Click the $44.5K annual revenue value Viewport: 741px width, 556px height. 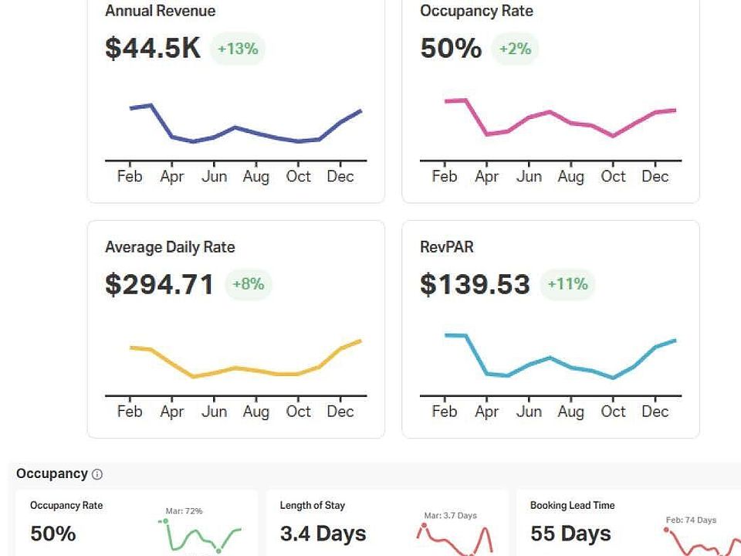152,48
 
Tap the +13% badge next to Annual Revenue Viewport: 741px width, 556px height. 237,49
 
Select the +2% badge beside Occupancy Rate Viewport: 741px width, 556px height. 515,49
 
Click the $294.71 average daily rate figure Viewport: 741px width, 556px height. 159,284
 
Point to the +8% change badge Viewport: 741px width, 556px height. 249,284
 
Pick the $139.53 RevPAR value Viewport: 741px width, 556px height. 475,284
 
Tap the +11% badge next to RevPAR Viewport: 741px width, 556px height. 567,284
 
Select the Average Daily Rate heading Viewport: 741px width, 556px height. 170,247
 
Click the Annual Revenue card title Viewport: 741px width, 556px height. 160,11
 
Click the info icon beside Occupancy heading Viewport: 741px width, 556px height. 97,474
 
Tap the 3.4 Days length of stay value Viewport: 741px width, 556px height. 323,534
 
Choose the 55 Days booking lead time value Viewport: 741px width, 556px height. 570,534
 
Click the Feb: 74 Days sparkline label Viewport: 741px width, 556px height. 691,520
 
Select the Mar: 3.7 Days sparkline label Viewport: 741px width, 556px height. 450,515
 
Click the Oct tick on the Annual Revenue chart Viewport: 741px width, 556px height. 298,176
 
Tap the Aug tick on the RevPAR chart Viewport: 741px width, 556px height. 570,412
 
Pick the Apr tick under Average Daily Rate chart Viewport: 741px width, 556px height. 171,412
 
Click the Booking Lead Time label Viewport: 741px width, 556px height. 572,505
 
